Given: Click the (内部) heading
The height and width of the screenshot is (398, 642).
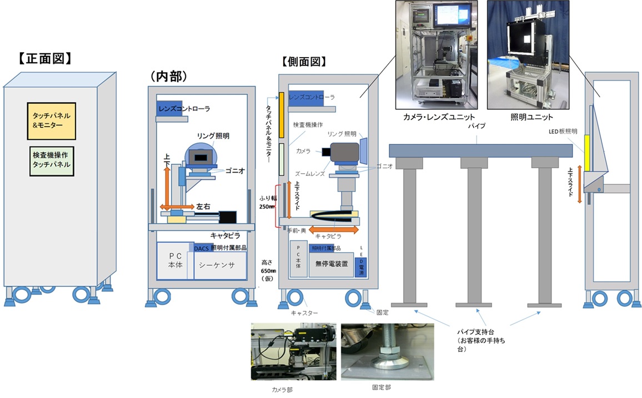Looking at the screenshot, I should coord(169,74).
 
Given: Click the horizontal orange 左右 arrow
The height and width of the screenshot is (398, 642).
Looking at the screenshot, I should coord(177,206).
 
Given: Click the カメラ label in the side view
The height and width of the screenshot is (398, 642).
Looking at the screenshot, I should coord(303,151).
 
